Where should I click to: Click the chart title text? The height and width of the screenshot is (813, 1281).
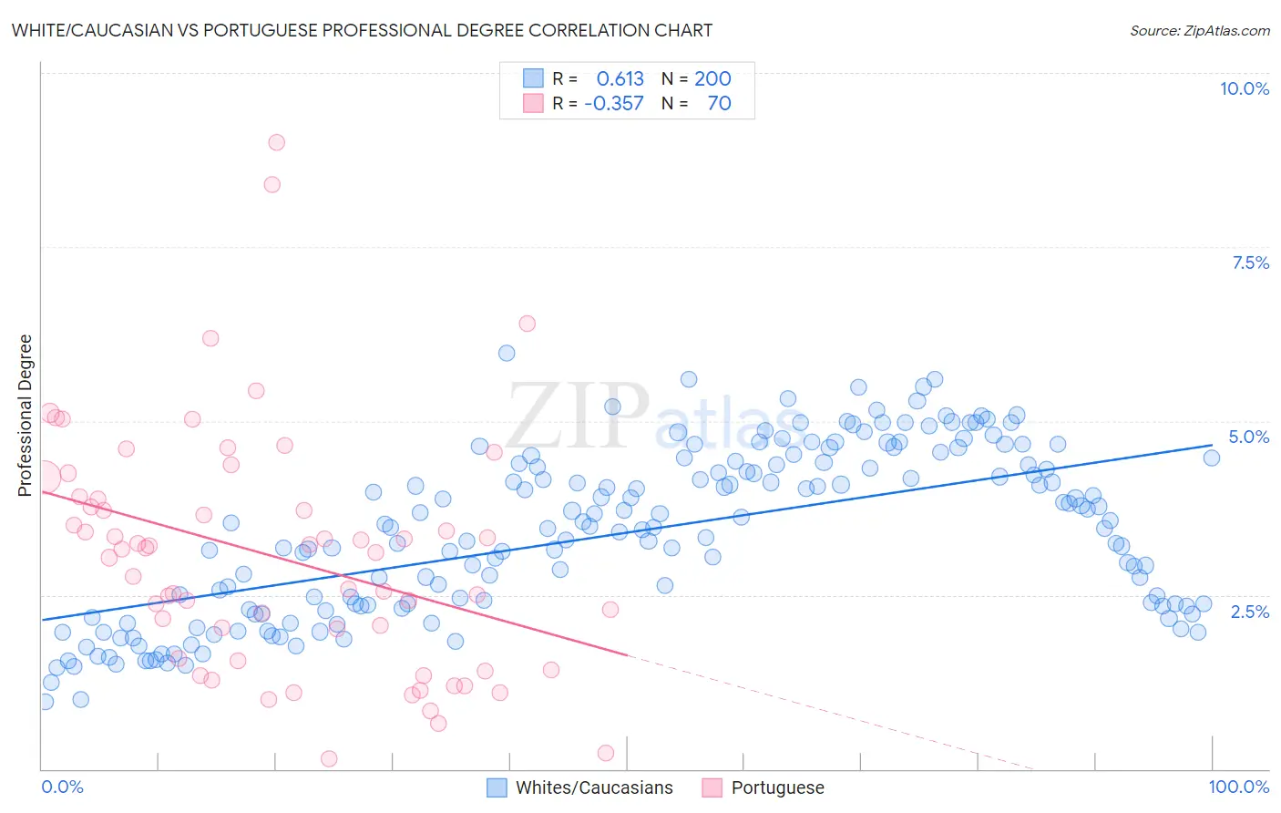click(362, 30)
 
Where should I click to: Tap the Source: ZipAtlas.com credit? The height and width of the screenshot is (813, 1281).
click(1199, 30)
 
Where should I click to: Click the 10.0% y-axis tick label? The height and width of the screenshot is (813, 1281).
click(1244, 88)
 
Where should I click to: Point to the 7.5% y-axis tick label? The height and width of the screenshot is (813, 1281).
click(1250, 262)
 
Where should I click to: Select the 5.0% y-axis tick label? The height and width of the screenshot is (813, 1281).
click(1248, 437)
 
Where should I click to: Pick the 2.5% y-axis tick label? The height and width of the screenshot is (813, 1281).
click(1249, 612)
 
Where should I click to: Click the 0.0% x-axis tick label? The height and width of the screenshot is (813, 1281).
click(62, 787)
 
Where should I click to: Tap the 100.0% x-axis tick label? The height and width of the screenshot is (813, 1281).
click(1238, 787)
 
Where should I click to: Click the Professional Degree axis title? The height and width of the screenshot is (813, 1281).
click(25, 416)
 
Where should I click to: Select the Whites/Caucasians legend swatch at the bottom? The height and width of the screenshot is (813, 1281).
click(497, 787)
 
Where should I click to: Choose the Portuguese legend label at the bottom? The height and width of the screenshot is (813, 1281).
click(777, 787)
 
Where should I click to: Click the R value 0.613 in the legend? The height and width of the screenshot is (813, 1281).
click(620, 79)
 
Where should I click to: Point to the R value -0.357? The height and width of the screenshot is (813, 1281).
click(614, 104)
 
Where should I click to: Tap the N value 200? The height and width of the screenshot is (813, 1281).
click(712, 79)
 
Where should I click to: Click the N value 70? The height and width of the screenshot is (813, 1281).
click(719, 104)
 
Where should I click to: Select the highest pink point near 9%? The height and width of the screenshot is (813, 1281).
click(276, 142)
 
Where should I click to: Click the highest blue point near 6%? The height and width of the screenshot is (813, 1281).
click(507, 353)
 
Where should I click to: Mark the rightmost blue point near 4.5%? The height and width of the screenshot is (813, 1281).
click(1211, 458)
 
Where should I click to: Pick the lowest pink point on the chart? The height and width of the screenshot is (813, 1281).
click(329, 758)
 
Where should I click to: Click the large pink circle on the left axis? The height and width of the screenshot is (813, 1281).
click(43, 477)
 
